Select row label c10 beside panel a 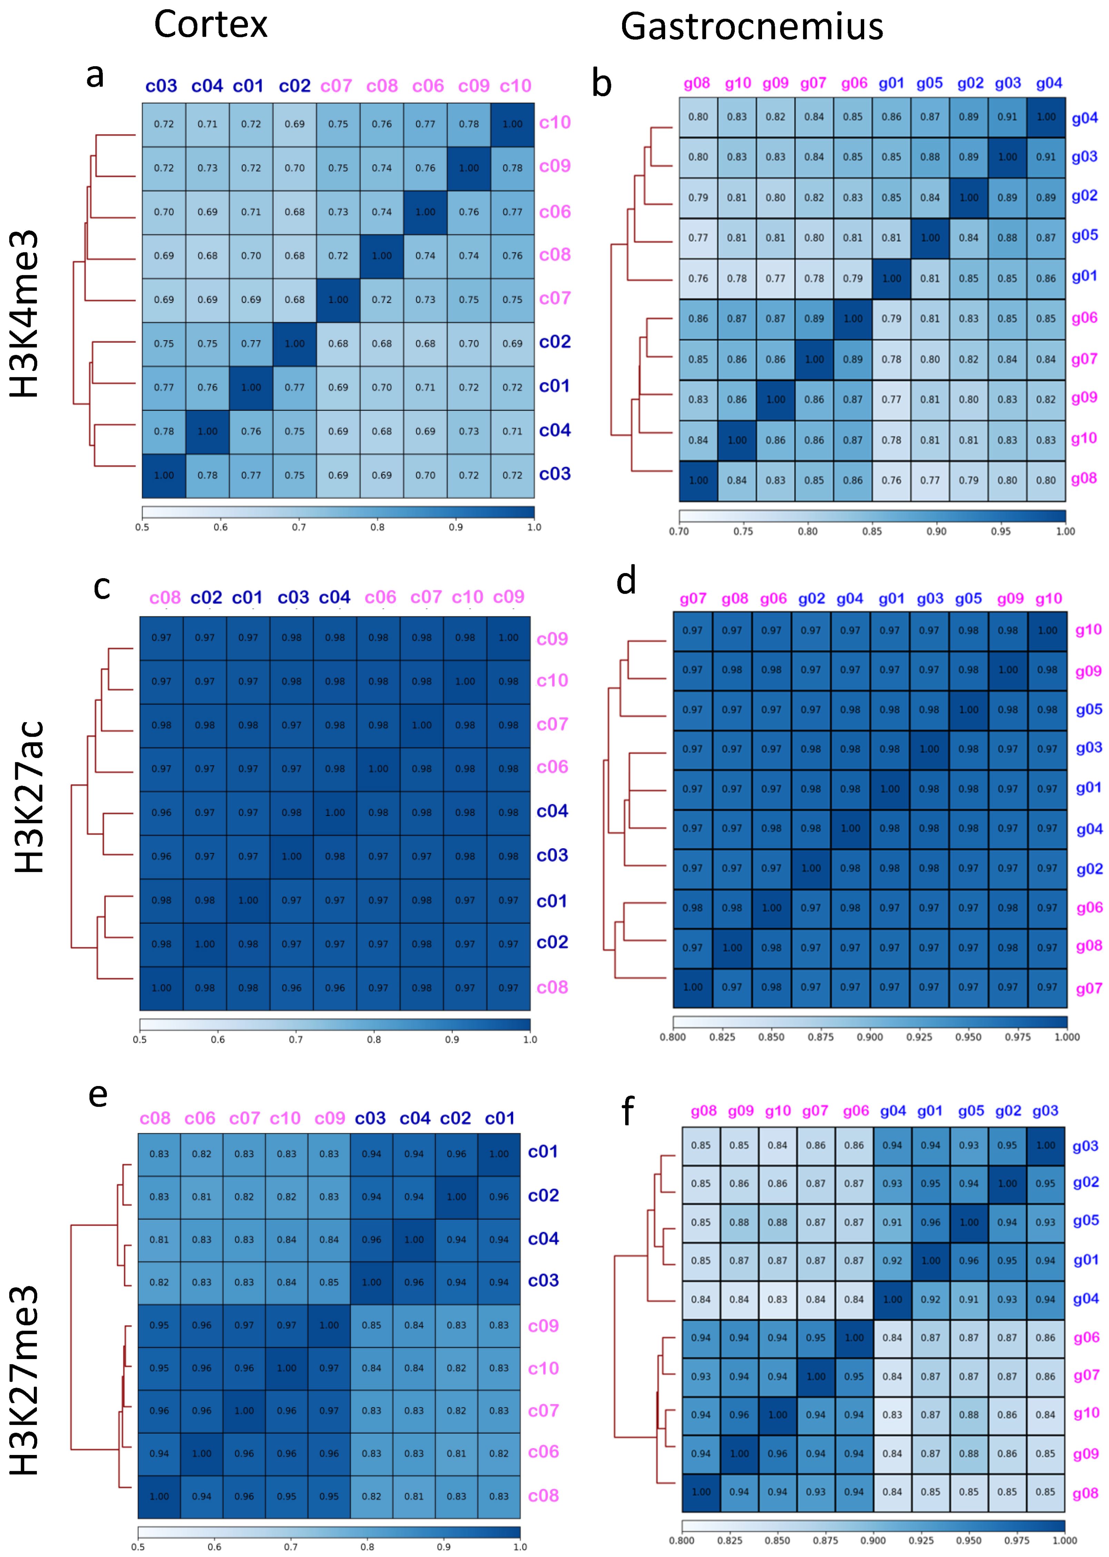554,123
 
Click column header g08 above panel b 697,83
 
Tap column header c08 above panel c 164,598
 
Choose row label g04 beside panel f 1085,1299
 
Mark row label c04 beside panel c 552,811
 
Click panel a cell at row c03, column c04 208,475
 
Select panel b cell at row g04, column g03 1007,117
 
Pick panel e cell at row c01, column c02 456,1154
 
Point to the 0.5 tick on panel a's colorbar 142,527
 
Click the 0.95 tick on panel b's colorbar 1000,531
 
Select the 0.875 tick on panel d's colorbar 821,1037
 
